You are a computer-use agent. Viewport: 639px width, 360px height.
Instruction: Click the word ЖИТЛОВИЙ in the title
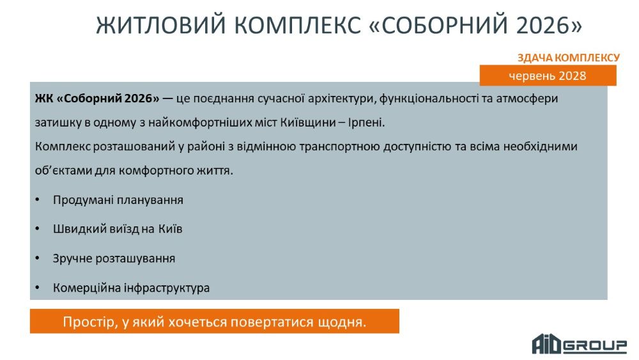(161, 25)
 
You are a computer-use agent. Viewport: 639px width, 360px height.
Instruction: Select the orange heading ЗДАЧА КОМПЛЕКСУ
(569, 58)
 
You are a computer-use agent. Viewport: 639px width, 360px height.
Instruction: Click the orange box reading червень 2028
(548, 75)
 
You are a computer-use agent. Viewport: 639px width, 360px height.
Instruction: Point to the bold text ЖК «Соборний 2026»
(97, 98)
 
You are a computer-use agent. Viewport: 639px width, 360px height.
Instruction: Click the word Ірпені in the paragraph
(366, 122)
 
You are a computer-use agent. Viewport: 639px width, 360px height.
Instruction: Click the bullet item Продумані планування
(118, 200)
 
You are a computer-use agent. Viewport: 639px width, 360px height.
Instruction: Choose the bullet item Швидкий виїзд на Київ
(118, 229)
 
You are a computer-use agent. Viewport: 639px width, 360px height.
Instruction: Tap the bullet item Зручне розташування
(114, 258)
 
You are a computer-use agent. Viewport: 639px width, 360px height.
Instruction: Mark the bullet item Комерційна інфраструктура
(131, 288)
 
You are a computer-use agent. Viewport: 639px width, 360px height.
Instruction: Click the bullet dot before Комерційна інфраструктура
(38, 288)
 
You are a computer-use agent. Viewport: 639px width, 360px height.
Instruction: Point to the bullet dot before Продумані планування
(38, 200)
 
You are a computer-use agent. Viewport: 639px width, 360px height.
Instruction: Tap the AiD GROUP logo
(579, 344)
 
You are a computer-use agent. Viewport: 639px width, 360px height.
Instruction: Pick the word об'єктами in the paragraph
(63, 171)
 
